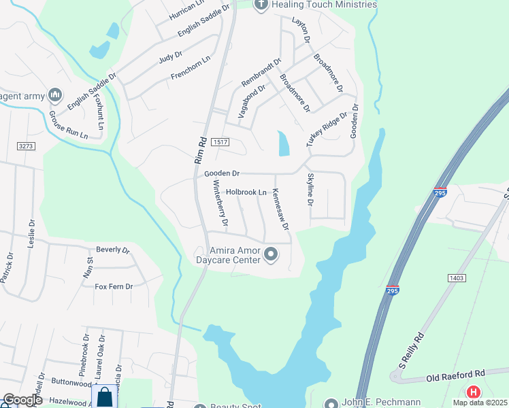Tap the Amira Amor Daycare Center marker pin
(271, 255)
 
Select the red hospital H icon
(472, 392)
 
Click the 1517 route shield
(220, 142)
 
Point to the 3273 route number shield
(26, 146)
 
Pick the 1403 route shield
(457, 277)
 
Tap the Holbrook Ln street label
(246, 192)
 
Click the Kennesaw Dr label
(280, 209)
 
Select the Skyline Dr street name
(310, 190)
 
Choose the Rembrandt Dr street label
(261, 73)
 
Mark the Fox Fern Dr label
(113, 287)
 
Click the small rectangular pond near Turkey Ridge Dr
(284, 143)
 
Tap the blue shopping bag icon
(105, 396)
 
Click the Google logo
(22, 400)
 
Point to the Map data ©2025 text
(480, 403)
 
